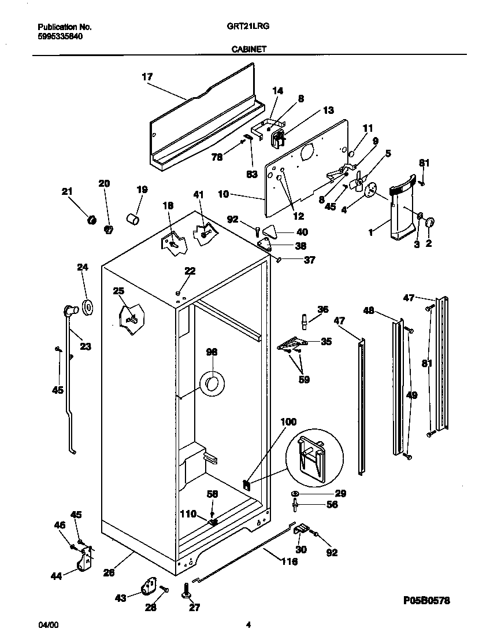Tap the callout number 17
[x=147, y=76]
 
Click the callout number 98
[x=211, y=352]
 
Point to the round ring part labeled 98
[x=211, y=384]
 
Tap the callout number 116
[x=289, y=561]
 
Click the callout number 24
[x=83, y=267]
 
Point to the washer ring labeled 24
[x=88, y=308]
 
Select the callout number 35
[x=326, y=342]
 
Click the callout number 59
[x=303, y=380]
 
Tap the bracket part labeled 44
[x=85, y=562]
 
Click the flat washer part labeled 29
[x=295, y=493]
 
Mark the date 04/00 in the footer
[x=47, y=625]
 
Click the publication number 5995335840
[x=60, y=35]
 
